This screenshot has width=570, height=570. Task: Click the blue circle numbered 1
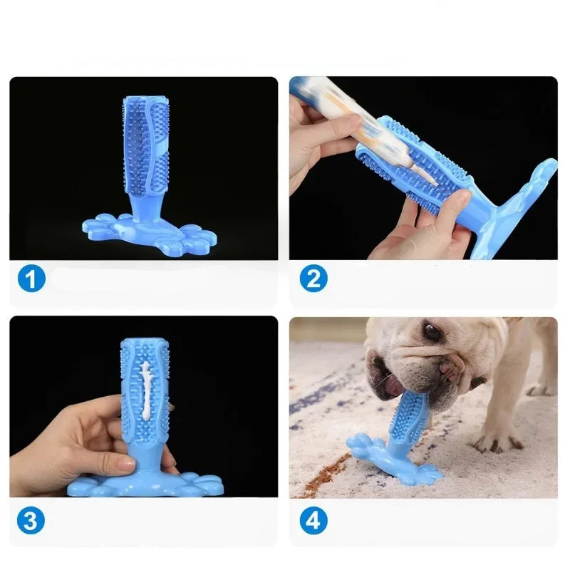[x=31, y=279]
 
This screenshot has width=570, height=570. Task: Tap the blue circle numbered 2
[x=313, y=279]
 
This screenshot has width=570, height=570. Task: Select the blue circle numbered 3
[x=31, y=520]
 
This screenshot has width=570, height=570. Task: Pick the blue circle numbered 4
[x=313, y=520]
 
